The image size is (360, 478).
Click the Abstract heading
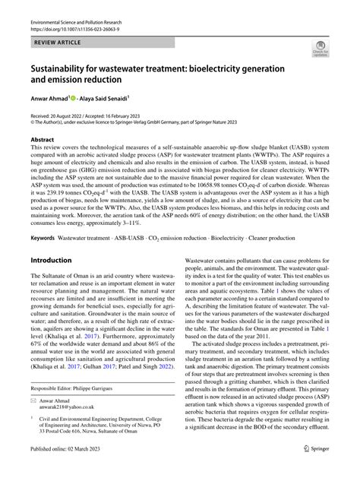tap(42, 140)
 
